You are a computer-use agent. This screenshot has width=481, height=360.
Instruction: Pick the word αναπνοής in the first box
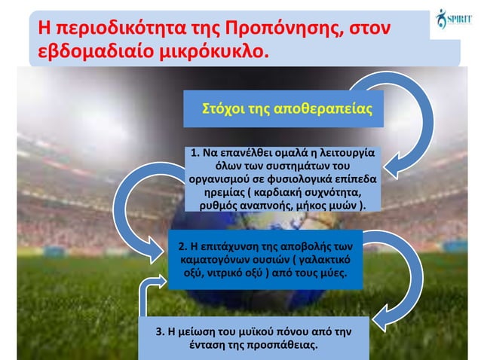coord(284,206)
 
